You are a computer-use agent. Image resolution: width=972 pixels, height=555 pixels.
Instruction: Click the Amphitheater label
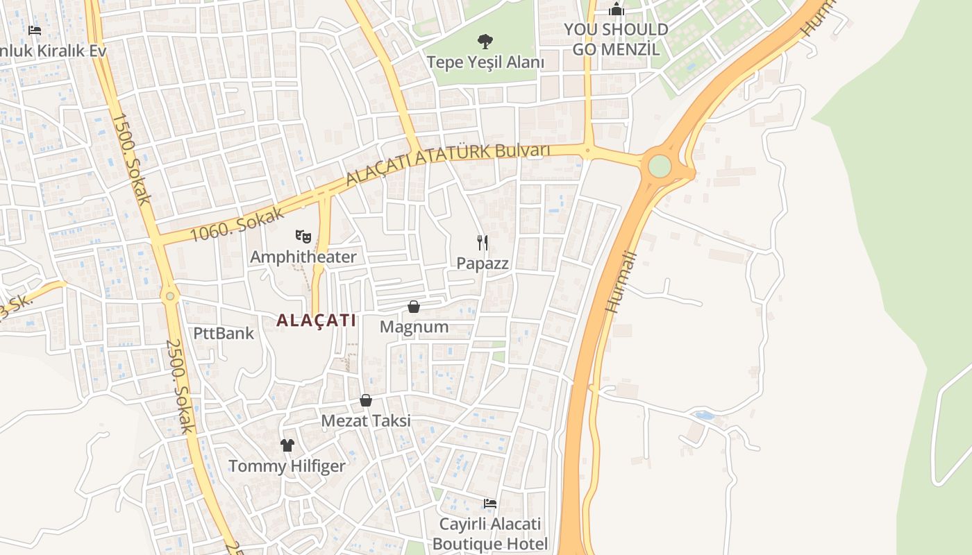coord(303,257)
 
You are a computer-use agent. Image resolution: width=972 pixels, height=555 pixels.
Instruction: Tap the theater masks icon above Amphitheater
coord(303,236)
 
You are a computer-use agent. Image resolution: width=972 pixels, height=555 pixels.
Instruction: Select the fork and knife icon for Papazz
coord(483,242)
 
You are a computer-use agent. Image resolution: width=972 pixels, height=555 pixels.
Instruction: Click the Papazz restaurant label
coord(483,264)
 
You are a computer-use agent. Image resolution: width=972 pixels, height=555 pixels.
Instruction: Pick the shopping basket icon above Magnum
coord(414,306)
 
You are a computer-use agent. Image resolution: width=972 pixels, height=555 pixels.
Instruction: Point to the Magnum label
coord(414,326)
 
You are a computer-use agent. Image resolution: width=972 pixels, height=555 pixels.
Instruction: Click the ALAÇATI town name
coord(316,320)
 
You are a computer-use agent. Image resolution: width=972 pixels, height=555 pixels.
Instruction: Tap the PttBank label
coord(224,333)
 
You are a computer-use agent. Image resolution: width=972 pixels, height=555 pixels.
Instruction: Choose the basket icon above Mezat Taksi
coord(366,400)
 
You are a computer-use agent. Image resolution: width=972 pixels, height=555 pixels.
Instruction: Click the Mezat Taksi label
coord(366,420)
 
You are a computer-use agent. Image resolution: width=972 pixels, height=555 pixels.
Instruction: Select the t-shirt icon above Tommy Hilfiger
coord(287,445)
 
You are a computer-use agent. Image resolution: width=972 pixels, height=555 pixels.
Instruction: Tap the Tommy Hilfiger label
coord(287,466)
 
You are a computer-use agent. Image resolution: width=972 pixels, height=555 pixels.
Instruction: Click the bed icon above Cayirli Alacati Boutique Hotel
coord(490,503)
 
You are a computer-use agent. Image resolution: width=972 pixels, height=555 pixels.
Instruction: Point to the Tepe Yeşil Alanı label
coord(485,62)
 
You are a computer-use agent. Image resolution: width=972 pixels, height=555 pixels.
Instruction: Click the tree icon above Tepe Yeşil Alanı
coord(485,41)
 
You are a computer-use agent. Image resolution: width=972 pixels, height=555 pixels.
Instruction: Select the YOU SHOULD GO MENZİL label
coord(616,39)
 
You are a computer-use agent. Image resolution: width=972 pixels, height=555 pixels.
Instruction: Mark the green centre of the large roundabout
coord(660,166)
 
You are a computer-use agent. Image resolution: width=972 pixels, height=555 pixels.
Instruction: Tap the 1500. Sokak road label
coord(130,159)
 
